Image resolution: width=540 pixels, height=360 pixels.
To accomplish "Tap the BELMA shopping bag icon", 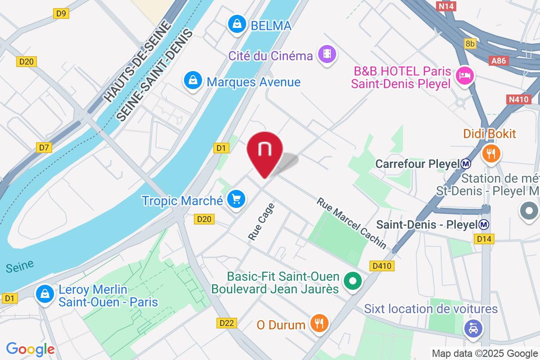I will coord(236,25).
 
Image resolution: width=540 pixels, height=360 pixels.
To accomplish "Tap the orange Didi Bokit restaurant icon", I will coord(490,153).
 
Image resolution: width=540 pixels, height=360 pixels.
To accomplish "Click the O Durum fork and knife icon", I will coord(319,324).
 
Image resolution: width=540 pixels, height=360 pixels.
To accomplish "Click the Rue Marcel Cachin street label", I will coord(351,223).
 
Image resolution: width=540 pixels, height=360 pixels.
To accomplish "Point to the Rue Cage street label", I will coord(261,221).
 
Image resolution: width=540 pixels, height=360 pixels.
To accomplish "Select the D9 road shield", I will coord(62,13).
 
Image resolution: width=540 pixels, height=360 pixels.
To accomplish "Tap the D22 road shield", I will coord(227,323).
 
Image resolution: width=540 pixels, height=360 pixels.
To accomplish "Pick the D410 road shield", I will coord(383,266).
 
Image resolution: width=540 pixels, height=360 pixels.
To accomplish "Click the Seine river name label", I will coord(20,266).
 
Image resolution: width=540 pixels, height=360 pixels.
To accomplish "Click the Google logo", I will coord(30,349).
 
